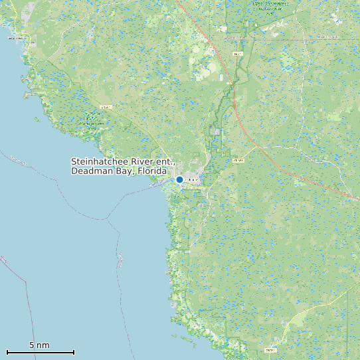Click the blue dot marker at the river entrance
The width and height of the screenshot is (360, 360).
coord(179,179)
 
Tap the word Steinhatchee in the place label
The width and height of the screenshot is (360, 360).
coord(102,162)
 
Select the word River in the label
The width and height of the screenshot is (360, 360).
coord(146,162)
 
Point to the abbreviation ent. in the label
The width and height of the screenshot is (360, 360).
coord(167,162)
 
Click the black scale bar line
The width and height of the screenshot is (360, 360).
coord(40,352)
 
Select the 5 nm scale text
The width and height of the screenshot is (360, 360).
coord(39,345)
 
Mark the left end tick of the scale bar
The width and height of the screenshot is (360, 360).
coord(7,352)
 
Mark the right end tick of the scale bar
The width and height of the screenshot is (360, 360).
coord(74,352)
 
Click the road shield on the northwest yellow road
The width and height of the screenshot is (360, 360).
coord(105,107)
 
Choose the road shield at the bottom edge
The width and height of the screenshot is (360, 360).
coord(270,349)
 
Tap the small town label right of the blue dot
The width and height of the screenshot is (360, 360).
coord(193,180)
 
